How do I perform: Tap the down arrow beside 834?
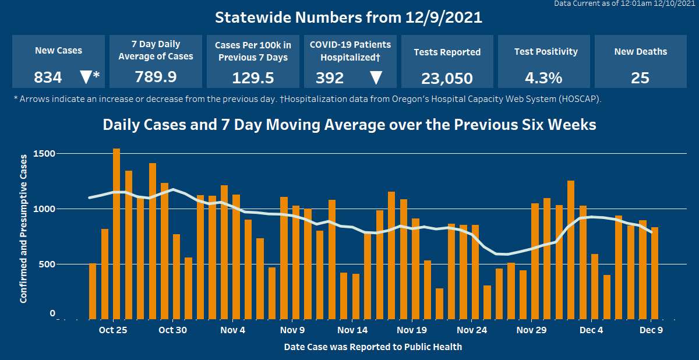coord(86,77)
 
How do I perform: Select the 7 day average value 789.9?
coord(156,77)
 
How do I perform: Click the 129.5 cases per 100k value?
coord(253,77)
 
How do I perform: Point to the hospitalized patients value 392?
coord(330,77)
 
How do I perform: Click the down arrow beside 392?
coord(376,77)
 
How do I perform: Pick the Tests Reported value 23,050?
coord(447,78)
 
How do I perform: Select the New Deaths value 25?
coord(640,77)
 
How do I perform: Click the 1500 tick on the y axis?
coord(44,154)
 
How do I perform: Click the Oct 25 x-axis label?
coord(113,330)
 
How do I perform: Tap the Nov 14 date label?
coord(352,330)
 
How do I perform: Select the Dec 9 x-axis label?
coord(651,330)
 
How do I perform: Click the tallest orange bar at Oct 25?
coord(116,233)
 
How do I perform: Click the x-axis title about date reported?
coord(373,347)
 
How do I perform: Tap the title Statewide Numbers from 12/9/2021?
coord(349,17)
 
